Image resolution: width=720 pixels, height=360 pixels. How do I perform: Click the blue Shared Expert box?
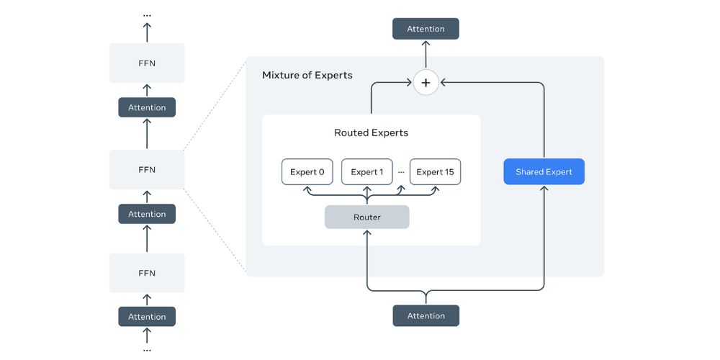pos(544,172)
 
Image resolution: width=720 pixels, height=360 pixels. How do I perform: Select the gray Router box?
pos(366,217)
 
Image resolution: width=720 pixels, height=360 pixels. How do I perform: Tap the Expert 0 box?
pos(307,172)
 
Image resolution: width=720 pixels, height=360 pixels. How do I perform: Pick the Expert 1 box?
pos(366,172)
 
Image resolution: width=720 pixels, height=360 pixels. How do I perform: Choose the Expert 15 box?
pos(435,172)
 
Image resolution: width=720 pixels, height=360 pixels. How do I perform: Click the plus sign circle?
pos(426,83)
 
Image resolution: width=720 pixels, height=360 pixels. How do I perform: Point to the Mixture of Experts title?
pos(307,75)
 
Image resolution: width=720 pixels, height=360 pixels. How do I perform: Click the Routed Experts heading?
pos(371,132)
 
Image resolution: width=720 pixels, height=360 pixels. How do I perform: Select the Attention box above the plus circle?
pos(426,29)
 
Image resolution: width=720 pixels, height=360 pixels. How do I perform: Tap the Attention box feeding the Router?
pos(426,315)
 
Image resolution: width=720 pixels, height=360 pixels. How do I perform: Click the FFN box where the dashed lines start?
pos(147,170)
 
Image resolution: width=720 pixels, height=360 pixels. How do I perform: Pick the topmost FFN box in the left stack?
pos(147,63)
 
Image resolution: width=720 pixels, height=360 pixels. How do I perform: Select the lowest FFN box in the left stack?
pos(147,273)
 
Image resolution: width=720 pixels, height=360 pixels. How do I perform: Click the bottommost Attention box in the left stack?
pos(147,317)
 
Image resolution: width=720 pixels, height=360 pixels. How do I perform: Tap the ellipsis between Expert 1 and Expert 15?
pos(401,173)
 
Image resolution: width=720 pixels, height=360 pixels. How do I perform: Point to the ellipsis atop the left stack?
pos(147,14)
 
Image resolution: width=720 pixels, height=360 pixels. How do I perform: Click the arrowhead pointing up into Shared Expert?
pos(544,189)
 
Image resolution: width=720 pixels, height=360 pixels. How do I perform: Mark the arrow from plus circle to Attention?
pos(426,55)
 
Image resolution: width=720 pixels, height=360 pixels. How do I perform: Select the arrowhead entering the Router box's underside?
pos(367,233)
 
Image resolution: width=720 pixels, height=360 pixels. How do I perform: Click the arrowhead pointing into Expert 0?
pos(307,189)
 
